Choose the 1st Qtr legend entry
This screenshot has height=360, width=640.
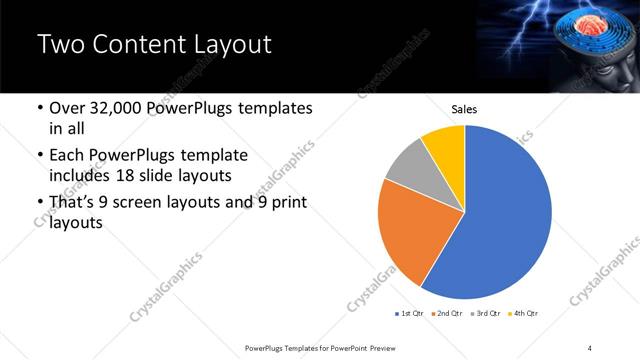410,314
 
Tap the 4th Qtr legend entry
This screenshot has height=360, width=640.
524,314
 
